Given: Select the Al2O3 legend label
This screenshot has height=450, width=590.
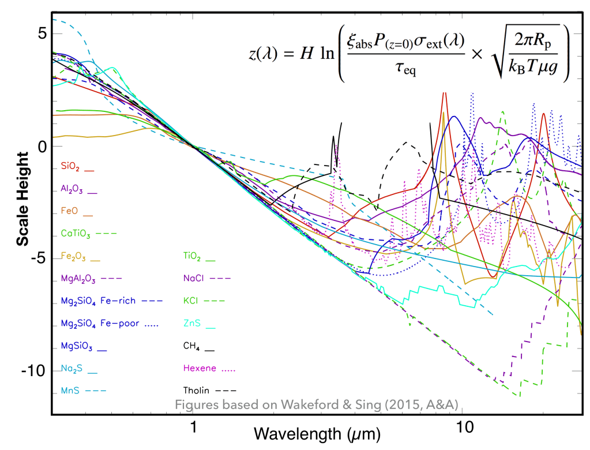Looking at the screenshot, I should [x=71, y=189].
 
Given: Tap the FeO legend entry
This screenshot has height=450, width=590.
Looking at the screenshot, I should [x=69, y=211].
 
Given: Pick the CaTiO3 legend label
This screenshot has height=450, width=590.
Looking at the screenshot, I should [x=73, y=234].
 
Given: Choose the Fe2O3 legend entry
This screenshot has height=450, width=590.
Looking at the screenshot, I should [x=72, y=256].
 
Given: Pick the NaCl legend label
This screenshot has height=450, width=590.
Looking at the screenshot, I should [x=193, y=279].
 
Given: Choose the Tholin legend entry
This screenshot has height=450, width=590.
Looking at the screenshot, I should [x=196, y=391].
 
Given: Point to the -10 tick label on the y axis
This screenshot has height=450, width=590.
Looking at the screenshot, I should [x=33, y=370].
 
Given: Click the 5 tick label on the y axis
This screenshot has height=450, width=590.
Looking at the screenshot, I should [x=41, y=33].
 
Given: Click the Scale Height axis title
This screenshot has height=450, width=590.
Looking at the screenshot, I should [x=22, y=198].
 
